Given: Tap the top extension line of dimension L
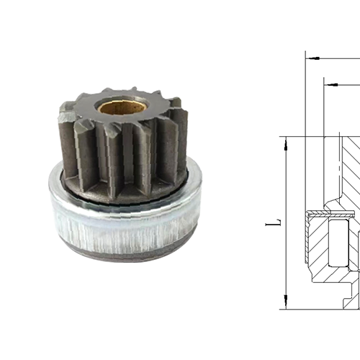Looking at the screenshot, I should click(x=302, y=136).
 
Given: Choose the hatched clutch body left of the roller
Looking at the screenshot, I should click(x=315, y=245).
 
